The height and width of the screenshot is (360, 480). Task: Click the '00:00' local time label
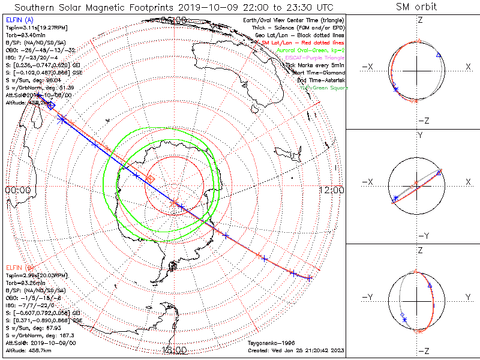coord(17,190)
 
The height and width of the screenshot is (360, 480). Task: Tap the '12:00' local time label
coord(332,190)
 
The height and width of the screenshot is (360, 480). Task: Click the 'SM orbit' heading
coord(416,7)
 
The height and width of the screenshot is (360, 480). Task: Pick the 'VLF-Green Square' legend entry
coord(323,88)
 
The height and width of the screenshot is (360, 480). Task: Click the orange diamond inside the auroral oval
coord(151,179)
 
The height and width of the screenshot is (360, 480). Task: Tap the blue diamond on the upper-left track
coord(52,106)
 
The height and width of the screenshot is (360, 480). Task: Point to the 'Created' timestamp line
coord(296,349)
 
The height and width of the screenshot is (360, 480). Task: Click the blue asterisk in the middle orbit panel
coord(395,197)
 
